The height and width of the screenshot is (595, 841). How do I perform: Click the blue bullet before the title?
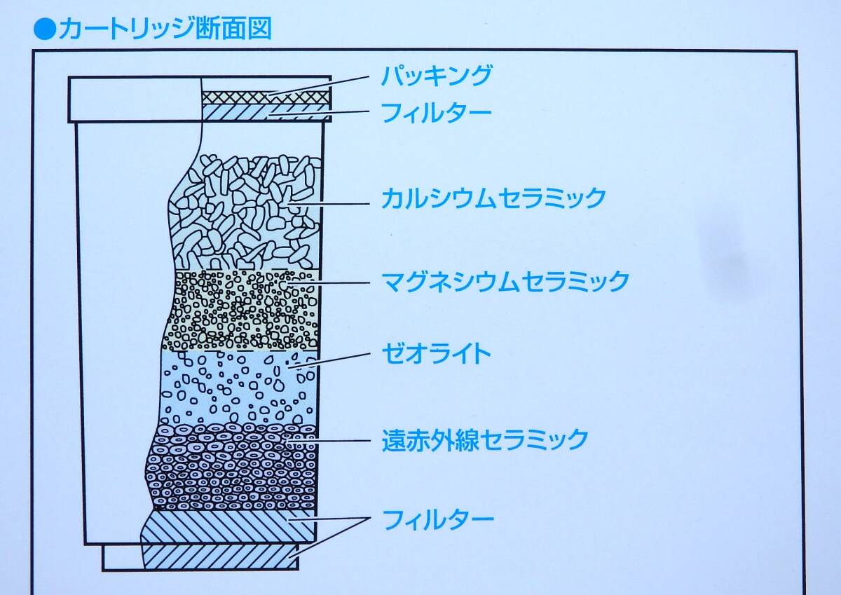click(x=45, y=29)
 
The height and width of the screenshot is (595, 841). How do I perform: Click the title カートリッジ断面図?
click(x=165, y=29)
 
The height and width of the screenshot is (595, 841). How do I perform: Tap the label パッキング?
click(x=436, y=76)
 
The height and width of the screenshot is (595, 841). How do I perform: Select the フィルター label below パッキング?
click(x=436, y=112)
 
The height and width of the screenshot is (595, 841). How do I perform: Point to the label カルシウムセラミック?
click(x=493, y=198)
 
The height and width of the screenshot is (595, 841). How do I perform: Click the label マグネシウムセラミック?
click(x=505, y=281)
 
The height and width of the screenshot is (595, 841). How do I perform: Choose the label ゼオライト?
click(x=436, y=353)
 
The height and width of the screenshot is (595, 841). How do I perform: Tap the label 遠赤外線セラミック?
click(x=485, y=439)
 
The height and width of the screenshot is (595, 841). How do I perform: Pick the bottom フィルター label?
click(x=438, y=519)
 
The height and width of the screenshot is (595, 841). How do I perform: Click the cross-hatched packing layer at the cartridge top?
click(x=266, y=97)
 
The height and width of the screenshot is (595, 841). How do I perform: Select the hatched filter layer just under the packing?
click(x=266, y=113)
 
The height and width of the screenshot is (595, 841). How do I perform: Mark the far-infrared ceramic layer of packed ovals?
click(x=231, y=467)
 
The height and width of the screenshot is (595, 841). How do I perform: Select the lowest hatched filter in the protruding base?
click(x=220, y=556)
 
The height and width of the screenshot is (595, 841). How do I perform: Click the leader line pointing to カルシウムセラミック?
click(x=328, y=204)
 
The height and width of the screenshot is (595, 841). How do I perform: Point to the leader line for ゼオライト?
click(x=328, y=360)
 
